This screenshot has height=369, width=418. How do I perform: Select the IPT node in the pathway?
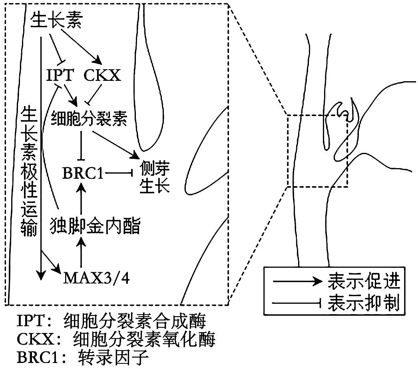(60, 76)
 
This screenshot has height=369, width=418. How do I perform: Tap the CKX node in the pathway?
(102, 76)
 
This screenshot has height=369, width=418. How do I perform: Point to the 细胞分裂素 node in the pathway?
(89, 118)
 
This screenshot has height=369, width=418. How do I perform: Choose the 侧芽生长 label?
(155, 179)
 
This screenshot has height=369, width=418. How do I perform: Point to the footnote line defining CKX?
(116, 340)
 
